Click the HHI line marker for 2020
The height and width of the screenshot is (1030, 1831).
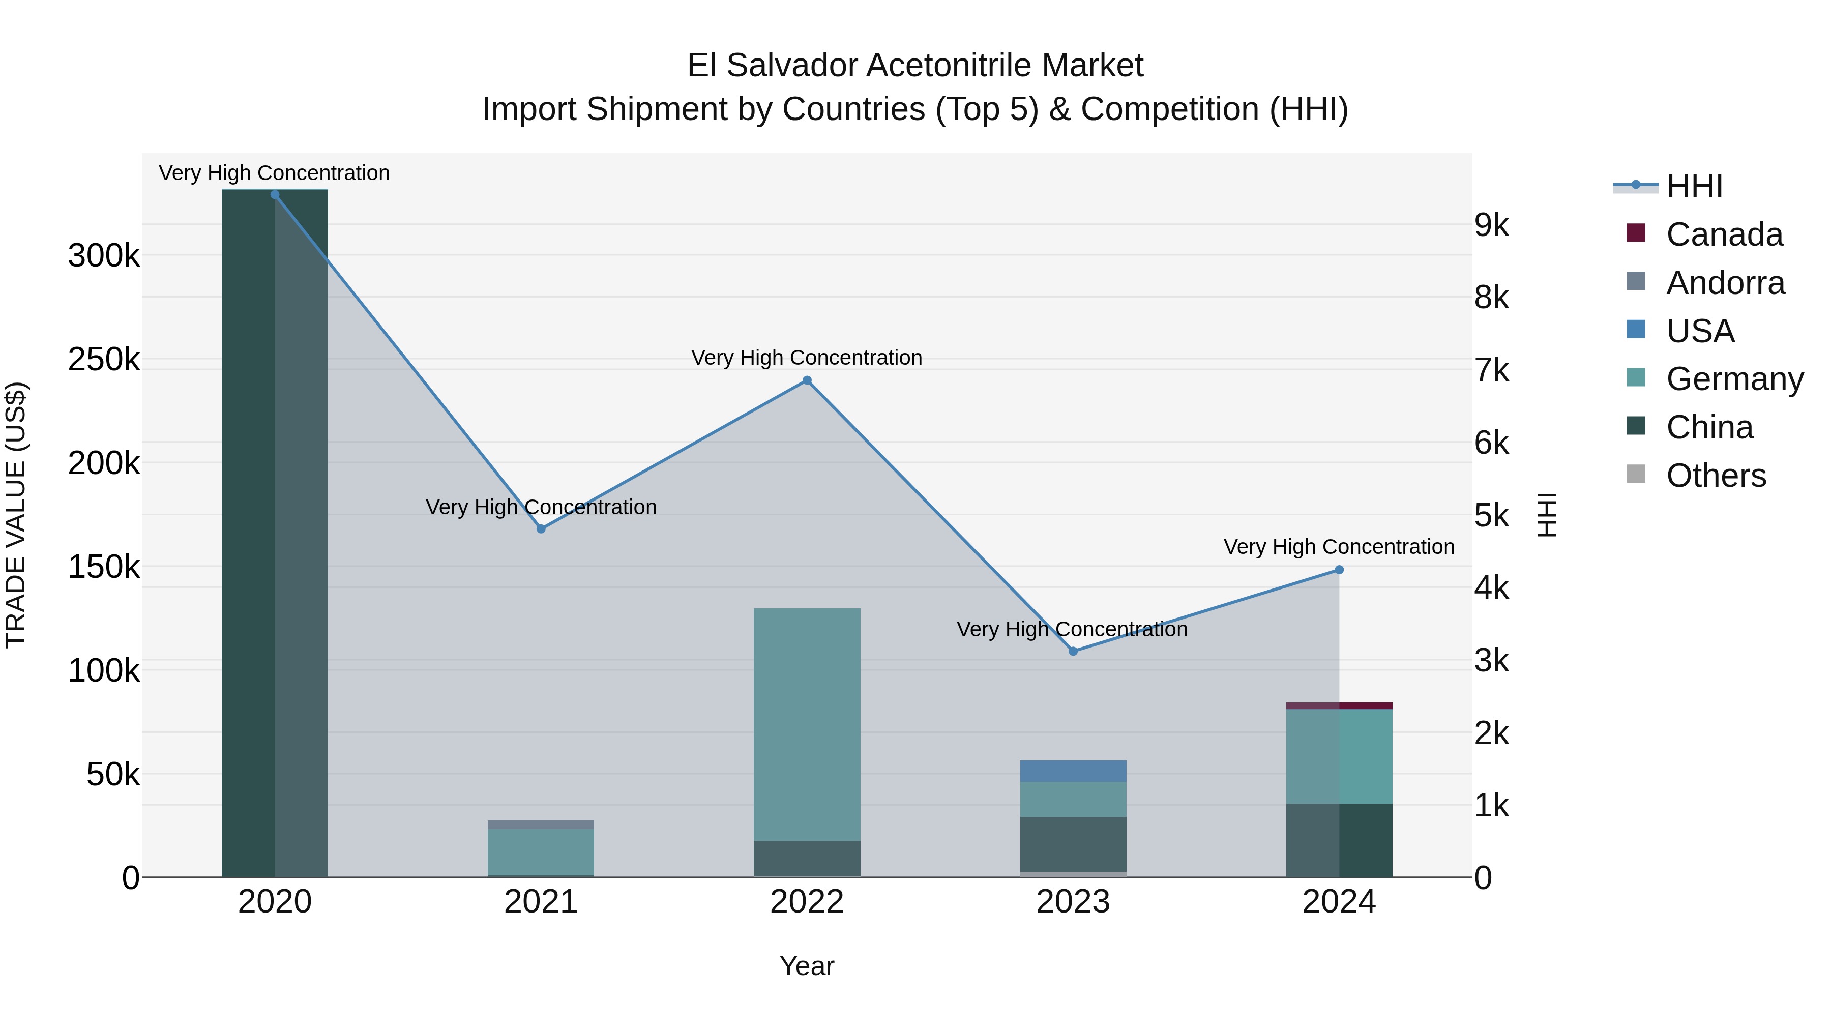click(x=275, y=195)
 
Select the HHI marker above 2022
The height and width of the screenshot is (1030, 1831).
click(x=807, y=380)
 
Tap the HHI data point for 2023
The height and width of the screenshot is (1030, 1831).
click(x=1073, y=651)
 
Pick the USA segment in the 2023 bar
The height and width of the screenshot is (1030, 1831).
click(x=1073, y=771)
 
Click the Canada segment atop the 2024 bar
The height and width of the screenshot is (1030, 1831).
click(x=1339, y=706)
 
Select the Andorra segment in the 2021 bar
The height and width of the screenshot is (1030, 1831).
click(x=541, y=825)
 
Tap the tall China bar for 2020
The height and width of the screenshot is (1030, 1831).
click(x=275, y=533)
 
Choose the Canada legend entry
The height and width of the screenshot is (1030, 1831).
click(x=1724, y=234)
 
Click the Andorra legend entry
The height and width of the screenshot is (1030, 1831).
click(x=1725, y=283)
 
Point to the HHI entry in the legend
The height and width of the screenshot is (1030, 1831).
click(x=1694, y=186)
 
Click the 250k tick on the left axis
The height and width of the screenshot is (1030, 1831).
click(x=104, y=360)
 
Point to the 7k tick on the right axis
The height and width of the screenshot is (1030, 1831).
click(x=1492, y=370)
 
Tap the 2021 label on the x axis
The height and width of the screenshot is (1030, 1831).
click(x=541, y=902)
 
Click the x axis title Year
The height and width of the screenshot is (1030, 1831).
click(x=807, y=966)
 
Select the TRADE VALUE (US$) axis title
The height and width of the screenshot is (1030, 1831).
click(x=16, y=515)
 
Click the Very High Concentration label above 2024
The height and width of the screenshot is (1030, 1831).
click(x=1339, y=547)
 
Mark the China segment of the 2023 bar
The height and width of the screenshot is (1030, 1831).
click(x=1073, y=844)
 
